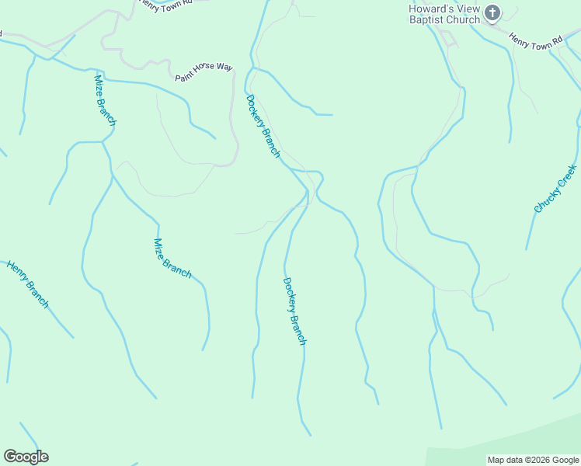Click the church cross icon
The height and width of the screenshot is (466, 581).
pos(492,12)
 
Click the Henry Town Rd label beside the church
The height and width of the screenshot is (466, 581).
pos(535,41)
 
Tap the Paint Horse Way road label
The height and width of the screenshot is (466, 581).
pos(204,72)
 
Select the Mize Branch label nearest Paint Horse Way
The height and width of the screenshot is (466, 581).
pos(105,100)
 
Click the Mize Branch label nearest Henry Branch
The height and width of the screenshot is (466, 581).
pos(172,258)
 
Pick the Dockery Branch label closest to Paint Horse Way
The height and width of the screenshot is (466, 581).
pos(263,126)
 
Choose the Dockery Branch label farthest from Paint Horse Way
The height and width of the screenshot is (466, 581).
pos(294,311)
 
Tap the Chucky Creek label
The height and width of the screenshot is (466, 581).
pos(555,189)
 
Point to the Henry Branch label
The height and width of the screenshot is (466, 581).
pos(27,284)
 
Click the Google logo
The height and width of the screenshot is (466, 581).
pos(26,457)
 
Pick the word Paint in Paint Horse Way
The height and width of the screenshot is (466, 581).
pos(183,76)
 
